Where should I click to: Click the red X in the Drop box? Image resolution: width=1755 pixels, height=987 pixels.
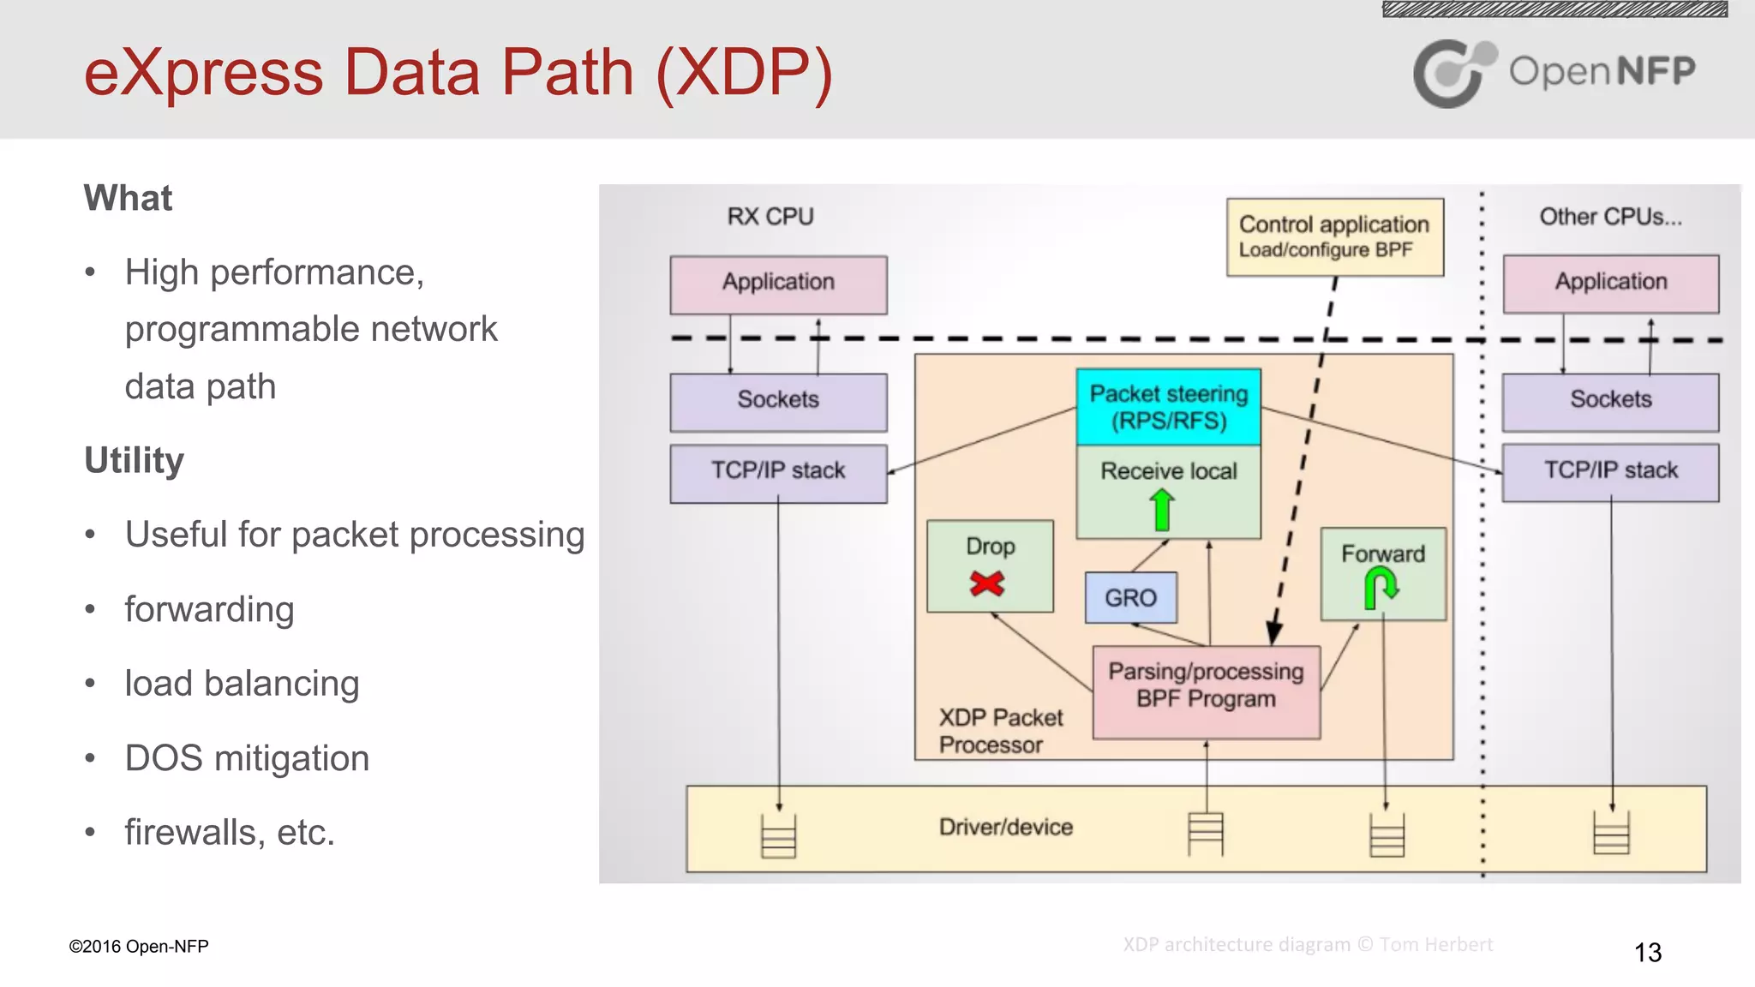(987, 584)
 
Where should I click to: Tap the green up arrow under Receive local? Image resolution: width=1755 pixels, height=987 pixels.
(1162, 510)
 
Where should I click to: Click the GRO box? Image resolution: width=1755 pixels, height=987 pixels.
(1130, 598)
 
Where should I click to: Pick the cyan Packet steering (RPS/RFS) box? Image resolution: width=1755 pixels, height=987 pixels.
(1168, 407)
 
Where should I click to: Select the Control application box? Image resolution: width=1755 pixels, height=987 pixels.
(1334, 237)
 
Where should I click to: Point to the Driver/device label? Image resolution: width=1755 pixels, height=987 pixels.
(1006, 828)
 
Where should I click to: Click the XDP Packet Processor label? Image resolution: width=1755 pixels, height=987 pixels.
(999, 731)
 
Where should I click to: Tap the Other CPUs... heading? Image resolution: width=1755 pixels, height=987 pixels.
(1610, 217)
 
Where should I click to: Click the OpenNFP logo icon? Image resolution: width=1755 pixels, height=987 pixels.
(1452, 74)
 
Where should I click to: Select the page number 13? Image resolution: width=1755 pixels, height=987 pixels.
(1647, 953)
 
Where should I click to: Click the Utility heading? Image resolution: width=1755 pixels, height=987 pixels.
(135, 461)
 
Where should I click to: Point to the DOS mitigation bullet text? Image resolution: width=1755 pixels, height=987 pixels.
(247, 758)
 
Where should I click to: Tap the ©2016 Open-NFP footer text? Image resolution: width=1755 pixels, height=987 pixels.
(139, 947)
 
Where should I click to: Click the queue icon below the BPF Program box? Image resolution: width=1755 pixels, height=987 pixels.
(1206, 833)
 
